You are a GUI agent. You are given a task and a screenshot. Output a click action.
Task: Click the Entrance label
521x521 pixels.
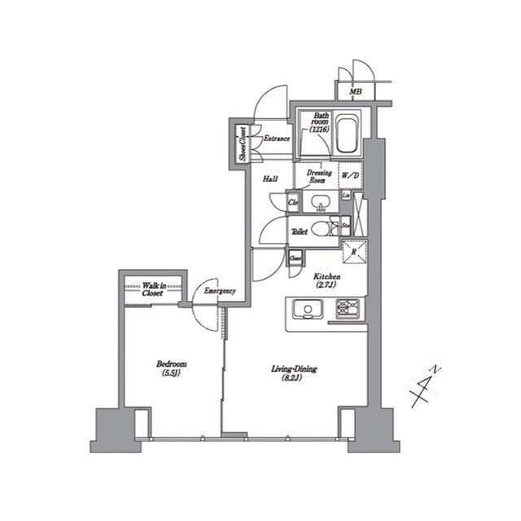277,139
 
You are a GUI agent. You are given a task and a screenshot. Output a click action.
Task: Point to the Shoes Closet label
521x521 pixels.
242,143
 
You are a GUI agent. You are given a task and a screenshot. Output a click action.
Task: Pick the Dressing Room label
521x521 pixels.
318,175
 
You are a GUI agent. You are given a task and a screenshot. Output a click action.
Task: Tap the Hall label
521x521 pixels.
271,179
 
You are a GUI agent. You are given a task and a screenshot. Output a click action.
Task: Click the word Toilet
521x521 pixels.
299,232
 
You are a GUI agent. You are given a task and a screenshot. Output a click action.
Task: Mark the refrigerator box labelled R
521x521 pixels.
354,252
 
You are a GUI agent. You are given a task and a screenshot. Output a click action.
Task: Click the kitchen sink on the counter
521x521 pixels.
309,309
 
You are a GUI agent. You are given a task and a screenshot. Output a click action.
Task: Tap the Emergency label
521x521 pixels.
220,291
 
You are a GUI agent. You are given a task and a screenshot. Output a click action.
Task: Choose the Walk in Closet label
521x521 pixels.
152,289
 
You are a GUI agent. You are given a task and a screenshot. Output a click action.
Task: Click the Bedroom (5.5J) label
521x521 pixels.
172,369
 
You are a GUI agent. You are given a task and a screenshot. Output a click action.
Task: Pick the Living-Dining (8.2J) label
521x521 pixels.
294,373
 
